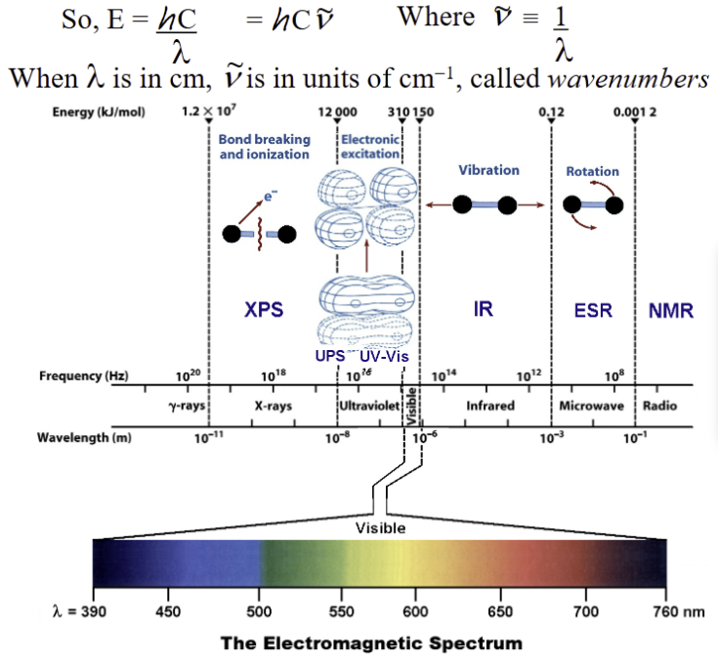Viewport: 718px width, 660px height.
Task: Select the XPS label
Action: (264, 310)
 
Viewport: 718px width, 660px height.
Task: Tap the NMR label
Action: (670, 311)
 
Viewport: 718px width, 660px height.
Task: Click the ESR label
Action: (593, 311)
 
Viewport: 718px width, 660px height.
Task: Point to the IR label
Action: (483, 310)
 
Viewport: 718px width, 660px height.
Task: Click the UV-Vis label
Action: (384, 357)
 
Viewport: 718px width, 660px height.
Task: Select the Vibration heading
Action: (488, 170)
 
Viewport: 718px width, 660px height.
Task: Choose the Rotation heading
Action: (592, 171)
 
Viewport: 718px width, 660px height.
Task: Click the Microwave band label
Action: (591, 406)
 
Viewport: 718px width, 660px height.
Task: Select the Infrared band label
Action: (489, 406)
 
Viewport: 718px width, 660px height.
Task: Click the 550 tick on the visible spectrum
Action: (342, 611)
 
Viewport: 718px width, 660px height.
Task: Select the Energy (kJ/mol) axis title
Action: (99, 112)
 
